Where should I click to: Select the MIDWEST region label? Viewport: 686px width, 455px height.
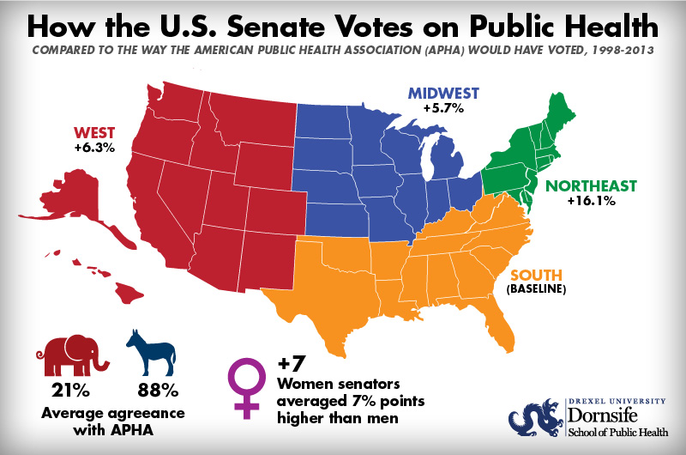[443, 93]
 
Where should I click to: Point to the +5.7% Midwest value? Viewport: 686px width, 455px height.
[443, 109]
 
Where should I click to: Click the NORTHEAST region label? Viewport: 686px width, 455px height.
[592, 185]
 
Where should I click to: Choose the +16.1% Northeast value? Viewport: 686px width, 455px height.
[592, 202]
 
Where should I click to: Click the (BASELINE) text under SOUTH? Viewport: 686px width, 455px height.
[537, 291]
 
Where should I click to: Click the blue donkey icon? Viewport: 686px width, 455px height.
[151, 352]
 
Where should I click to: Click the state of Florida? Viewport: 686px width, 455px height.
[505, 322]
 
